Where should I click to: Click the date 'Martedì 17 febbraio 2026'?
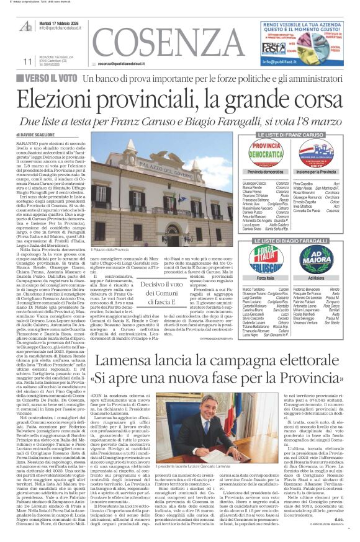(63, 22)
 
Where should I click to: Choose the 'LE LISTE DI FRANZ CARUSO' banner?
(292, 134)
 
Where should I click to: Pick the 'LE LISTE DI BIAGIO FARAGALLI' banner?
(292, 240)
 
